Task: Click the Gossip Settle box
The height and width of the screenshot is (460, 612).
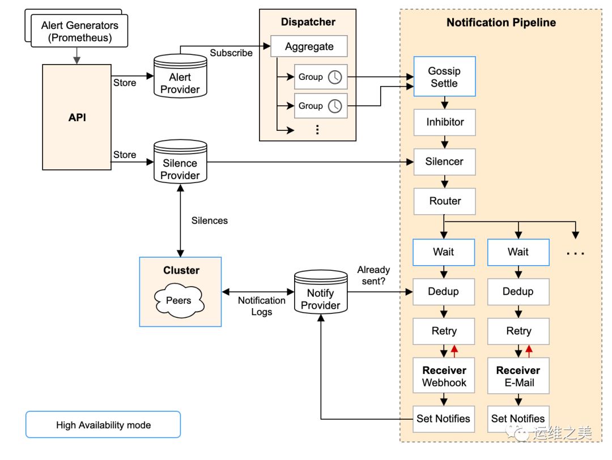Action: [444, 77]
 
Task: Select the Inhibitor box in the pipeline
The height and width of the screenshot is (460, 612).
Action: [444, 122]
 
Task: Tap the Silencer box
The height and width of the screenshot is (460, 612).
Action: [444, 161]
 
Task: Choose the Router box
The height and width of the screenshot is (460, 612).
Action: [444, 201]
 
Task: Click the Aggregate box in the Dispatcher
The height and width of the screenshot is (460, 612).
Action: [309, 46]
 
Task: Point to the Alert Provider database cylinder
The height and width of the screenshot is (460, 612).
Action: [180, 77]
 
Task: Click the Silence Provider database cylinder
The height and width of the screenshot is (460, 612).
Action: [180, 163]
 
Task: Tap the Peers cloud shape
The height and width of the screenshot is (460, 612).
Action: [178, 300]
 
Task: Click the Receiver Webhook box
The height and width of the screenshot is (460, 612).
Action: [444, 376]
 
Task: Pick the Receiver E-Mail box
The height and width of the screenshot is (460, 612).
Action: [518, 376]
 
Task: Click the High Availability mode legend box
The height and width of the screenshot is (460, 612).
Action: [103, 425]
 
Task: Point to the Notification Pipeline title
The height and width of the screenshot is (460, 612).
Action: [501, 23]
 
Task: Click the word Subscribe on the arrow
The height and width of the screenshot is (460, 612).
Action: [231, 53]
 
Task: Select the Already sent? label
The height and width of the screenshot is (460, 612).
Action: [373, 276]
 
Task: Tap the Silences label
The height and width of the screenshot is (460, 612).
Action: [210, 220]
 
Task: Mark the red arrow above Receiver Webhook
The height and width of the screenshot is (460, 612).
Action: [454, 351]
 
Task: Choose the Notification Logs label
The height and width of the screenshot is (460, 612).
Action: [261, 306]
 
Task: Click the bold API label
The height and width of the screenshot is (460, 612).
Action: [77, 118]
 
